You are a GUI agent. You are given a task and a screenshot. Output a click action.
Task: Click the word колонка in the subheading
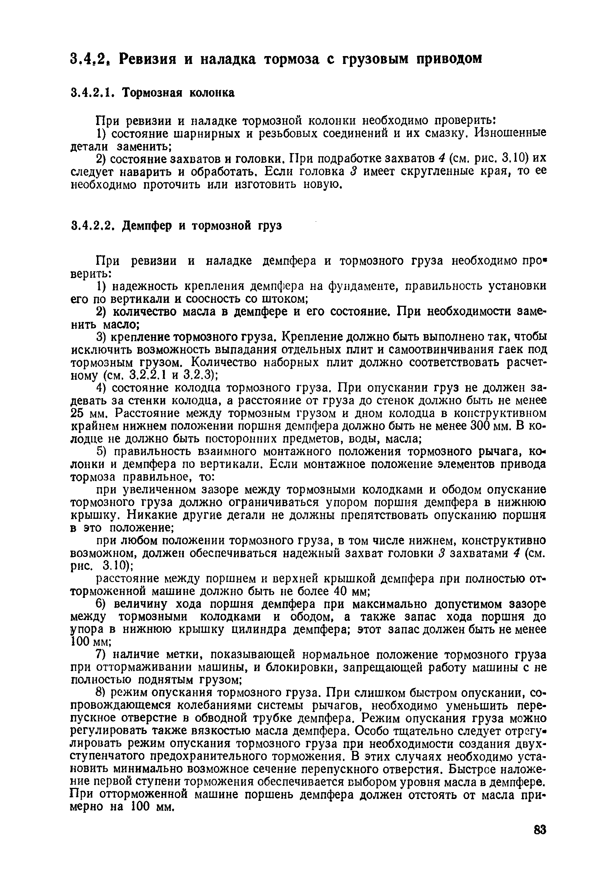(x=211, y=93)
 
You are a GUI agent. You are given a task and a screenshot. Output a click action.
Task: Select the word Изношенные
(x=510, y=133)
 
